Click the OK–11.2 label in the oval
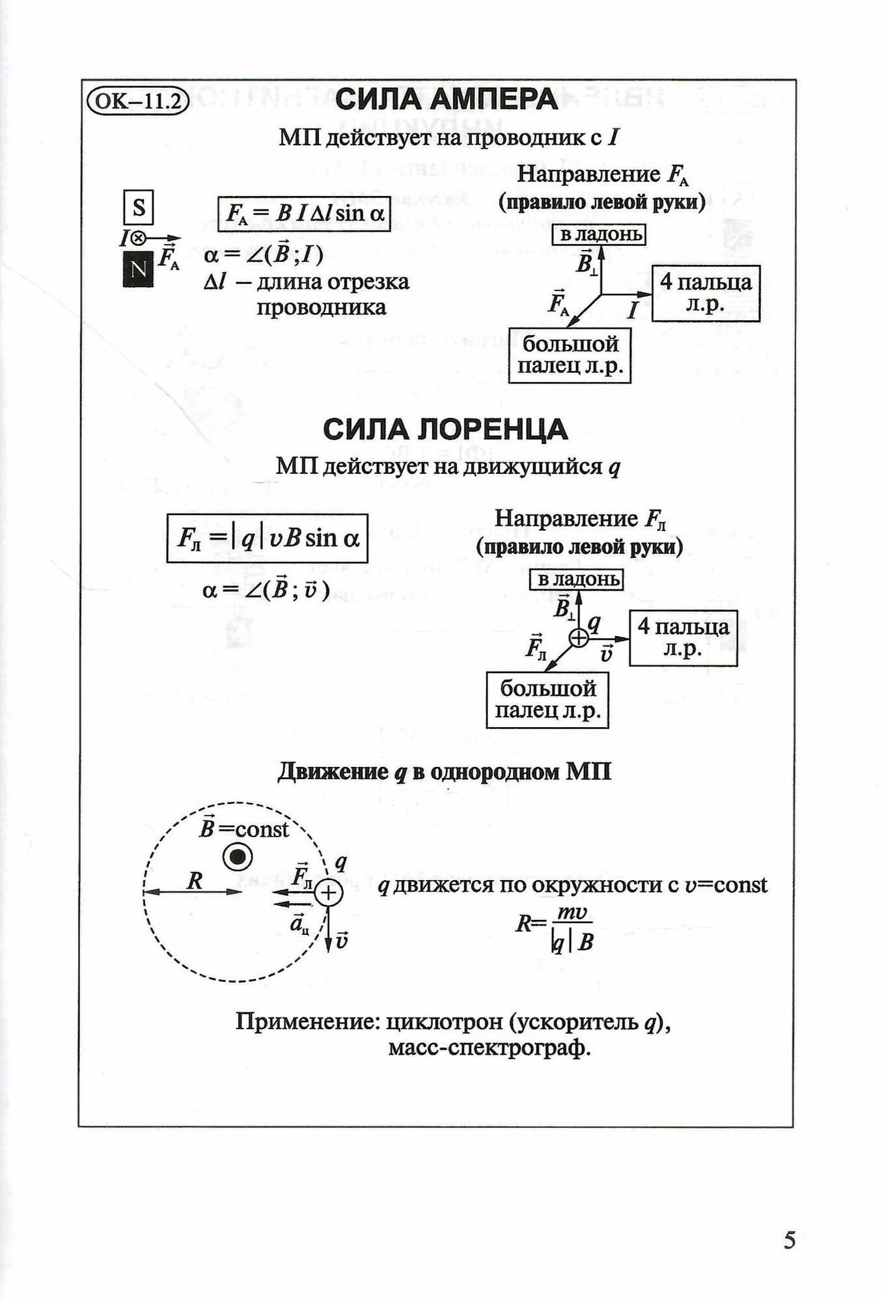click(137, 101)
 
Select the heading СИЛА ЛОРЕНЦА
click(446, 430)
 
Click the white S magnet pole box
click(139, 208)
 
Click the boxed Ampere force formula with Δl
click(303, 213)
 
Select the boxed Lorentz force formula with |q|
click(267, 538)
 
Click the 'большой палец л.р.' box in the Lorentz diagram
click(547, 700)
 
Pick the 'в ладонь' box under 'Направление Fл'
click(576, 579)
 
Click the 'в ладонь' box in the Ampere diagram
click(598, 234)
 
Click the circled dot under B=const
click(237, 858)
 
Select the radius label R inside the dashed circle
click(194, 881)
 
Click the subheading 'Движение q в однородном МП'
click(445, 772)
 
